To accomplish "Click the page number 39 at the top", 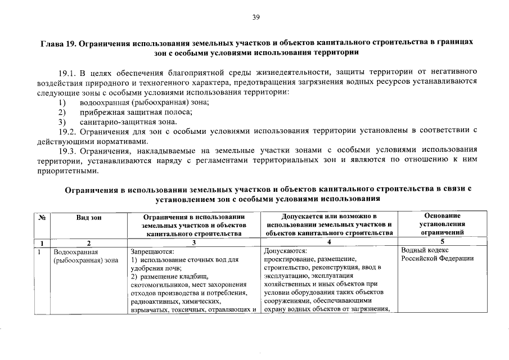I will (255, 17).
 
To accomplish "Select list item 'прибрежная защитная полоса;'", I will (136, 111).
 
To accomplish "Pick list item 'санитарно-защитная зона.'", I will (128, 121).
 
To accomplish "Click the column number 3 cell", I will (193, 242).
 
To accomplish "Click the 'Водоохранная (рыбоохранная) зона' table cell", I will (85, 256).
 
